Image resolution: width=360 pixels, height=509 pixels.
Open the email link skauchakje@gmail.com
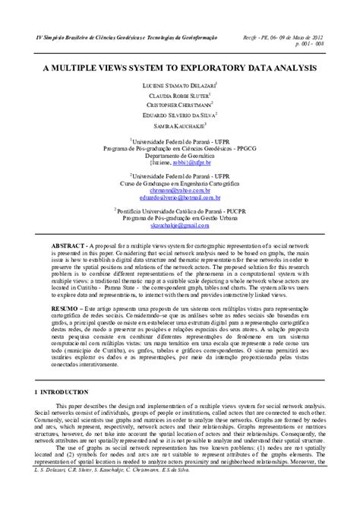pyautogui.click(x=179, y=226)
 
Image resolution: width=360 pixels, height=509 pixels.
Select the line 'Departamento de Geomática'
pyautogui.click(x=179, y=155)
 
